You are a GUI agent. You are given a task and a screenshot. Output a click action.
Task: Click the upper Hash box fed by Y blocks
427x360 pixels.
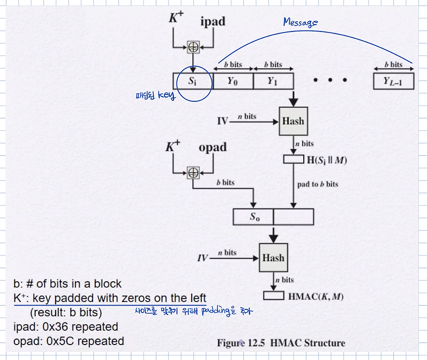click(x=293, y=121)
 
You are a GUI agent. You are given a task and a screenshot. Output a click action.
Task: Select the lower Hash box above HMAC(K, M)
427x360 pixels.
click(x=273, y=258)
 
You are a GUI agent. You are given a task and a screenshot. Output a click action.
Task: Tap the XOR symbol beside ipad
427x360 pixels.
click(x=194, y=47)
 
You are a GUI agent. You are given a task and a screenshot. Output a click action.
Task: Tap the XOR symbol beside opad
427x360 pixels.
click(x=193, y=172)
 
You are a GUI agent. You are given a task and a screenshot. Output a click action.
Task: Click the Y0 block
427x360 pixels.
click(x=233, y=81)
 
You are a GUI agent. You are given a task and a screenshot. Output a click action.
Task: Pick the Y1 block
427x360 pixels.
click(x=273, y=81)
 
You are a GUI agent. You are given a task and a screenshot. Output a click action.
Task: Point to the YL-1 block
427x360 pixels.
click(x=394, y=81)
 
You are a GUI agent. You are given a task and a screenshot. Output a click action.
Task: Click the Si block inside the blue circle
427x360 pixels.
click(x=193, y=81)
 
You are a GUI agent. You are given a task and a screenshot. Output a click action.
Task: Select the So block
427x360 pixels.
click(x=254, y=217)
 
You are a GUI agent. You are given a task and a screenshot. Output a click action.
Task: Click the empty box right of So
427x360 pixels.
click(x=293, y=217)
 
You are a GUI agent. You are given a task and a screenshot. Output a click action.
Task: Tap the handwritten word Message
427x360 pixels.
click(x=300, y=22)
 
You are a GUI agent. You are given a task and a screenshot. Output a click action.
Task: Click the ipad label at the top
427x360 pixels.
click(x=212, y=21)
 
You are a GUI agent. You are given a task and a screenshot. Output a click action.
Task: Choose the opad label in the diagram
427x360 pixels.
click(x=212, y=147)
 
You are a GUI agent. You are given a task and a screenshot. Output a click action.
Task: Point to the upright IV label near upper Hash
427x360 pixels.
click(x=223, y=122)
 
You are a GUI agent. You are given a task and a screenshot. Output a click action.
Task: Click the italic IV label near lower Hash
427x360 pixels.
click(x=203, y=258)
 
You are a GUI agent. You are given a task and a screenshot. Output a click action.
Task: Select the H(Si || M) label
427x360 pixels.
click(x=323, y=159)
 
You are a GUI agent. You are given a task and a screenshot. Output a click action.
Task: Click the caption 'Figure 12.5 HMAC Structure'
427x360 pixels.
click(x=281, y=343)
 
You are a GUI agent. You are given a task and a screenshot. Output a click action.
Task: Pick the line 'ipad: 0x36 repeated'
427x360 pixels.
click(x=66, y=326)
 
